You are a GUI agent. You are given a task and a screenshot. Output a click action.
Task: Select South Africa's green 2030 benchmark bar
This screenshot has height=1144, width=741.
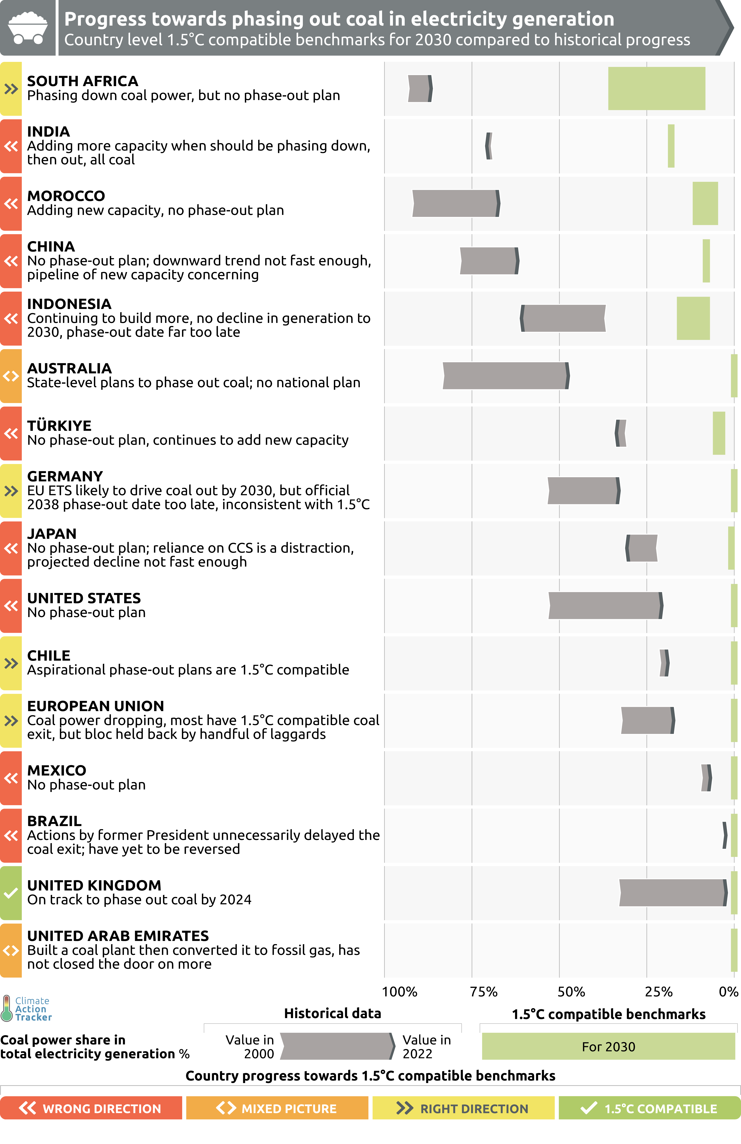point(656,88)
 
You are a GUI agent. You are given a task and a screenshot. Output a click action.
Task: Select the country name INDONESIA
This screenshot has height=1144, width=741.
point(69,304)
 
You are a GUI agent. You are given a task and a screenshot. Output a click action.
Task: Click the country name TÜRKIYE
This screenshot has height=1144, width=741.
point(59,426)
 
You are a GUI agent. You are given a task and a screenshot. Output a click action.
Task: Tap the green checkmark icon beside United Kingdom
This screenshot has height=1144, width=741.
point(10,893)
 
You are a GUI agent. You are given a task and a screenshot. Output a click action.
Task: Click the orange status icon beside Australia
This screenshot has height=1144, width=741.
point(10,376)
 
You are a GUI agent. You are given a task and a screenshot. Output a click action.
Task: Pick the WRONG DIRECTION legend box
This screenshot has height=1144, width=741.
point(91,1108)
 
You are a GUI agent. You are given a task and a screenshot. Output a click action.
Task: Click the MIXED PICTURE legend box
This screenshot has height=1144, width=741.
point(277,1108)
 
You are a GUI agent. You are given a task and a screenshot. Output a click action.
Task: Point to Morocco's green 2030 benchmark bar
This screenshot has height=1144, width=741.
point(705,203)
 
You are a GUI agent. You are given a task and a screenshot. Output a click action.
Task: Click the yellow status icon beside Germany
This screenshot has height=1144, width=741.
point(10,491)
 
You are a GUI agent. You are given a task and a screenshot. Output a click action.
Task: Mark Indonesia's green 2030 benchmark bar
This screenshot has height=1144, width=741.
point(693,318)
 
